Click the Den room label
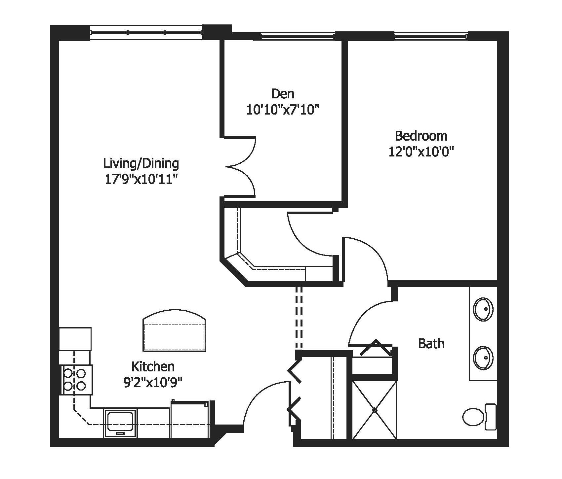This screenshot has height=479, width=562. [x=283, y=94]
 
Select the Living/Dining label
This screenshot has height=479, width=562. [x=141, y=163]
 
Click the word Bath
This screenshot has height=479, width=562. [x=431, y=344]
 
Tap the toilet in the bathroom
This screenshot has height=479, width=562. [x=479, y=417]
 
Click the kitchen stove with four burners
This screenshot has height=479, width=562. [x=75, y=380]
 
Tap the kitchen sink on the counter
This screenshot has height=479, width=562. [x=120, y=423]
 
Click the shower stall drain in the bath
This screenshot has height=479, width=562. [x=375, y=410]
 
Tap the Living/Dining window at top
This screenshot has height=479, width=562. [x=146, y=32]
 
